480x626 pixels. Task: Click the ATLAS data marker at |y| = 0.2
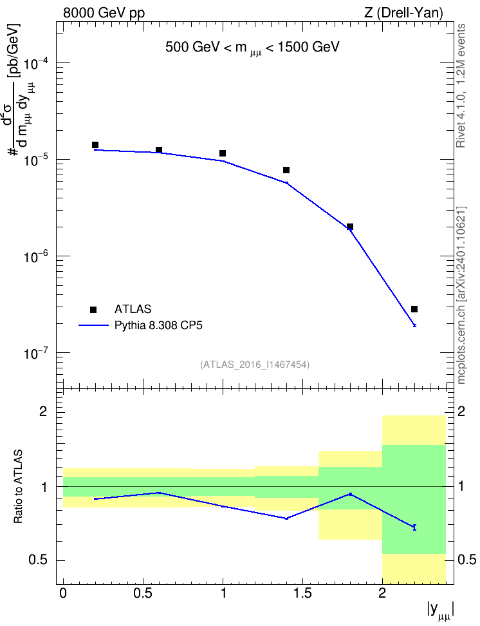(x=95, y=145)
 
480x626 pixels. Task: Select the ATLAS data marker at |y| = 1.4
(x=286, y=170)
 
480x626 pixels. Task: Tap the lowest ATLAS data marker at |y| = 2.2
(x=414, y=309)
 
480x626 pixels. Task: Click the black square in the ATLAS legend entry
(x=93, y=309)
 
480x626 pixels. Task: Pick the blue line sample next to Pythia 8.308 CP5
(x=93, y=325)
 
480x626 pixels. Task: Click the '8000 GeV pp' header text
(x=104, y=13)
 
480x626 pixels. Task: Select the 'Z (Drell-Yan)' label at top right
(x=403, y=13)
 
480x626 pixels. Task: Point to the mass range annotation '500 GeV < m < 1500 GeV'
(x=252, y=48)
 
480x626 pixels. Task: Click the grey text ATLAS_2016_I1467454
(x=255, y=364)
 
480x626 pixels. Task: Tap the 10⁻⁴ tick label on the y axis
(x=36, y=63)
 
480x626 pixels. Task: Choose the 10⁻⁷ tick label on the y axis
(x=36, y=353)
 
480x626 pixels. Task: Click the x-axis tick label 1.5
(x=302, y=593)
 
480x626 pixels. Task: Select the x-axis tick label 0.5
(x=143, y=593)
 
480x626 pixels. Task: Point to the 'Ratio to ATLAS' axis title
(x=18, y=487)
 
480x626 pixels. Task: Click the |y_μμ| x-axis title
(x=441, y=611)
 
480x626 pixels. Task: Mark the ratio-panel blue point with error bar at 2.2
(x=414, y=527)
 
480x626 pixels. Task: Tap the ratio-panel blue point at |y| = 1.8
(x=350, y=494)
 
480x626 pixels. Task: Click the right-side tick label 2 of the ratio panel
(x=461, y=412)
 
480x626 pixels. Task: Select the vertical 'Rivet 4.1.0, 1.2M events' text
(x=461, y=86)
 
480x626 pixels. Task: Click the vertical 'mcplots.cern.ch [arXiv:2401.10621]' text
(x=461, y=296)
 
